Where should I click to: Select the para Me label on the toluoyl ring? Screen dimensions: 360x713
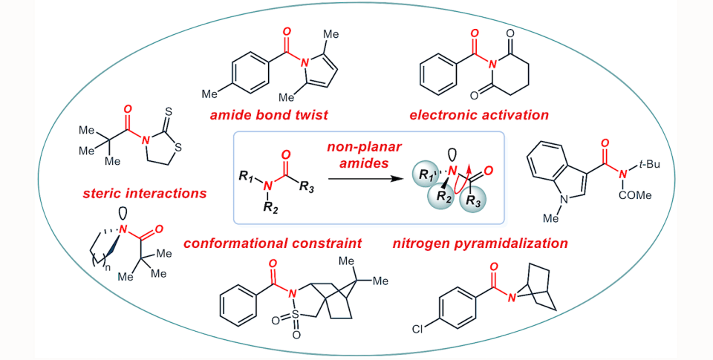(210, 95)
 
